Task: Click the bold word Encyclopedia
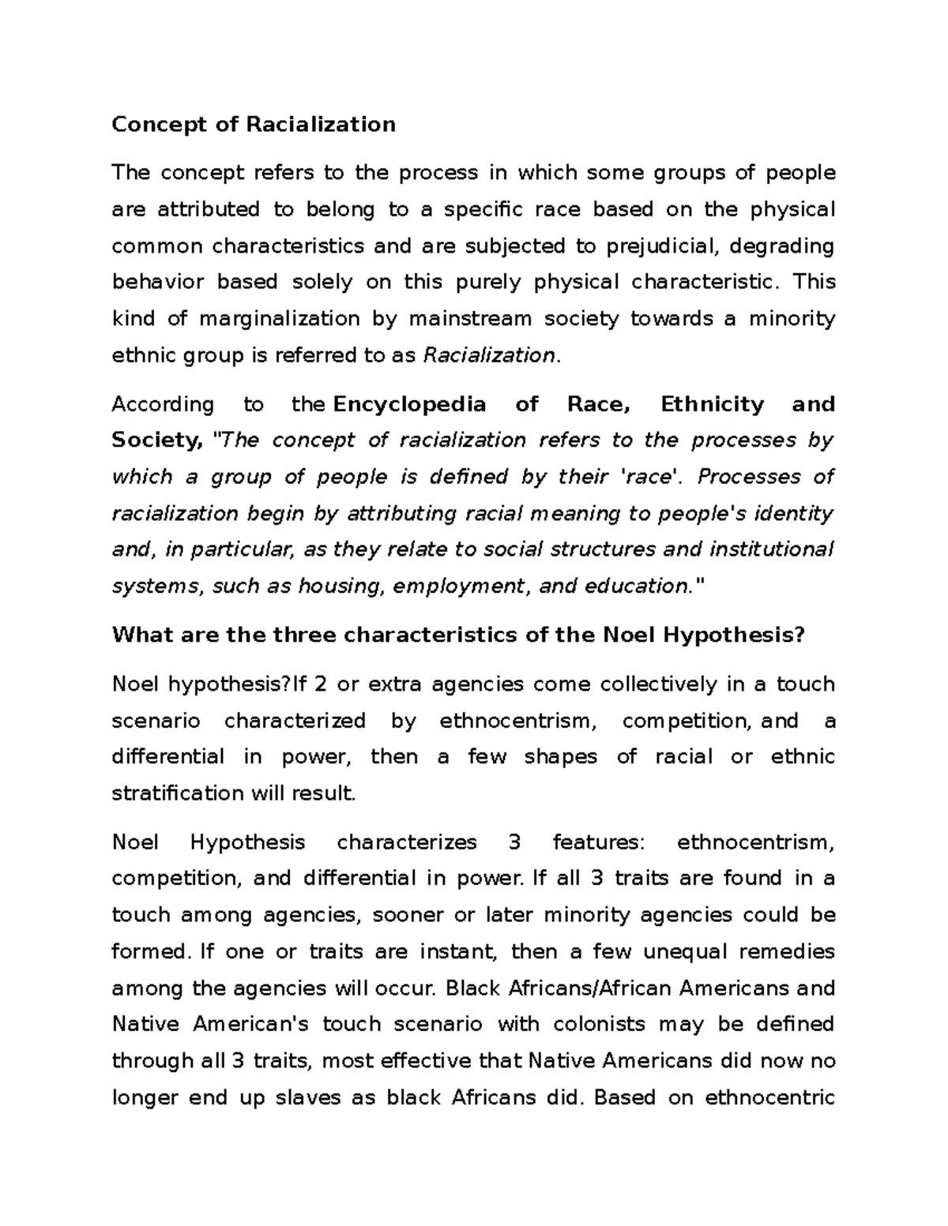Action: [410, 404]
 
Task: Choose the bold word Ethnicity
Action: [712, 404]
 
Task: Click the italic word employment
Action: [458, 586]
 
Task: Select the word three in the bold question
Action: [304, 635]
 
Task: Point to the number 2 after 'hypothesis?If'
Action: [320, 684]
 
